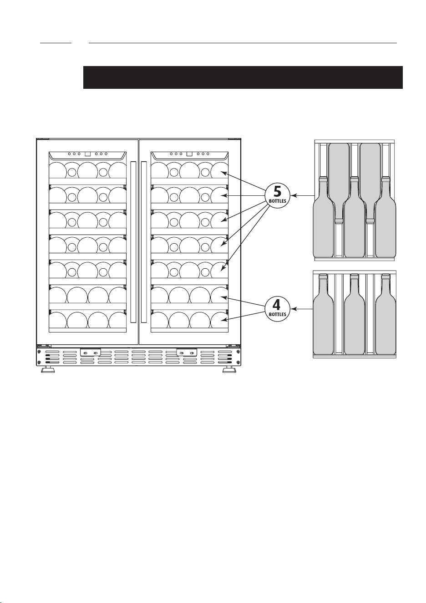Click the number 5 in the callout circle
[x=277, y=192]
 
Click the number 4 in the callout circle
[x=277, y=305]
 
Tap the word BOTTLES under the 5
[x=277, y=201]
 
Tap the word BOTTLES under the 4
[x=277, y=314]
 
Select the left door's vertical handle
[x=133, y=242]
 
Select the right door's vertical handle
[x=144, y=242]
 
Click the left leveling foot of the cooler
[x=48, y=369]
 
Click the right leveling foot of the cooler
[x=229, y=369]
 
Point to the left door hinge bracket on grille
[x=91, y=352]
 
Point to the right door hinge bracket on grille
[x=187, y=352]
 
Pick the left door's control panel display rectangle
[x=87, y=154]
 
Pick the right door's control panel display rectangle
[x=189, y=154]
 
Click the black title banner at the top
[x=243, y=77]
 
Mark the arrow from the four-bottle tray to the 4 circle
[x=302, y=309]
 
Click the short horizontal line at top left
[x=56, y=43]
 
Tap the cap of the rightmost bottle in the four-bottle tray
[x=385, y=276]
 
